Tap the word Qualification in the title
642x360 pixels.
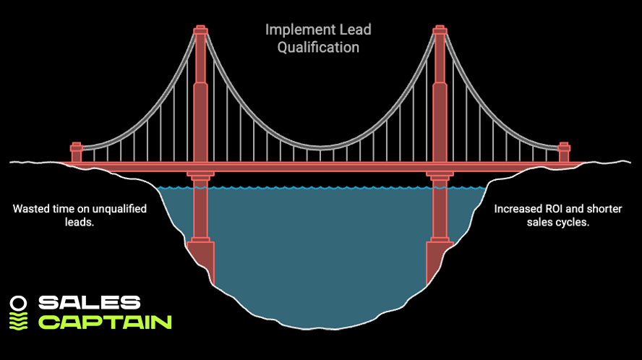tap(318, 48)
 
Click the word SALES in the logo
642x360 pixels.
tap(89, 303)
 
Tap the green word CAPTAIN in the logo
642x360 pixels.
tap(104, 321)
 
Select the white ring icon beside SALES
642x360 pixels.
tap(20, 303)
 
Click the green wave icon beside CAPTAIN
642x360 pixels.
tap(20, 321)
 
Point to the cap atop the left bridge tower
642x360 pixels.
tap(200, 30)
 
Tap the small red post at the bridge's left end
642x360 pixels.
tap(76, 153)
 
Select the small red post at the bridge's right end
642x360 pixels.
tap(565, 153)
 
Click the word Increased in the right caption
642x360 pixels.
tap(518, 209)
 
